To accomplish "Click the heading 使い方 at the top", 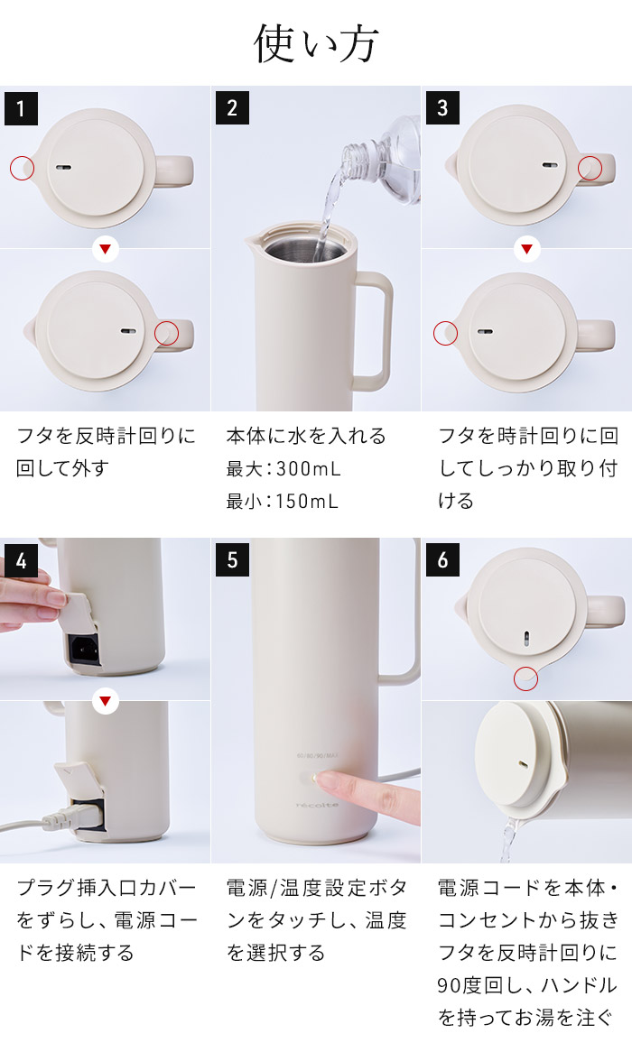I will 316,43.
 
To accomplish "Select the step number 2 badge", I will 232,108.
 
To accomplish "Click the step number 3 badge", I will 442,108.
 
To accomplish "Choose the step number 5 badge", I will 232,560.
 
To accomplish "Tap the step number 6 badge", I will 442,560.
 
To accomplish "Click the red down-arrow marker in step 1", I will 106,249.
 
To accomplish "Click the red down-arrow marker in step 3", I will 526,249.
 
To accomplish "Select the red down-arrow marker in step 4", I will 106,701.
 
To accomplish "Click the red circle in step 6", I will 525,679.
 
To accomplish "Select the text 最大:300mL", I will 283,469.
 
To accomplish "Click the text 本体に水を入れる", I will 306,437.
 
